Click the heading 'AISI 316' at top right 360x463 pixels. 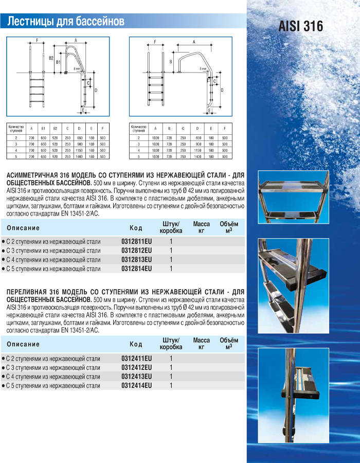point(301,26)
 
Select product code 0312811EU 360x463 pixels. point(136,241)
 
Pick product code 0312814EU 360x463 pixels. point(136,269)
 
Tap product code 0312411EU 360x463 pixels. point(136,358)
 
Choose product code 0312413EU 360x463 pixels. point(136,377)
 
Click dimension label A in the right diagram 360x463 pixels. point(193,42)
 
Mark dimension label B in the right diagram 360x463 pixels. point(170,61)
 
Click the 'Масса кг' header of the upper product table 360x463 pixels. point(201,227)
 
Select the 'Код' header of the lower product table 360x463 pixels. point(136,344)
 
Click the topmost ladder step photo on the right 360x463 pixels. point(293,195)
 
